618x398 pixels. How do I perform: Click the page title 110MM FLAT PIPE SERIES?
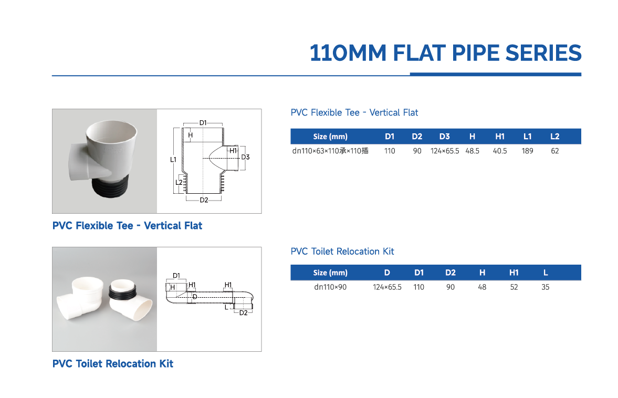click(445, 53)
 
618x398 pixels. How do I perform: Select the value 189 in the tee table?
click(527, 151)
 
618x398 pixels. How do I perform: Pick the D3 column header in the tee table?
click(444, 137)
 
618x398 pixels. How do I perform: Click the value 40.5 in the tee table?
click(500, 151)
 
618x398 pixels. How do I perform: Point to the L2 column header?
click(554, 137)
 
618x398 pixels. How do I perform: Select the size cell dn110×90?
click(330, 287)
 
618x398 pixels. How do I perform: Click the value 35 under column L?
click(546, 287)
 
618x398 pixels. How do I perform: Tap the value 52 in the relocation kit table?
click(514, 287)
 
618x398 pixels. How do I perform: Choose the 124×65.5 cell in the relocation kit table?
click(387, 287)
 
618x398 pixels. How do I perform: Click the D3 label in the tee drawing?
click(245, 157)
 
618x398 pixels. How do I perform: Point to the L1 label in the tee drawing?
click(173, 159)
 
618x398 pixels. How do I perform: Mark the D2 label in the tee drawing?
click(204, 200)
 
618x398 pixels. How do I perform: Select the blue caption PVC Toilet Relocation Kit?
click(112, 363)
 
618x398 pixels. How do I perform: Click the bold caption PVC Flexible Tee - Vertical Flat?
click(127, 226)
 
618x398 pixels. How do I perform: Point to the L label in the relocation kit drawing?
click(226, 308)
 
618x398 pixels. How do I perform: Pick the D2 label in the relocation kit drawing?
click(243, 313)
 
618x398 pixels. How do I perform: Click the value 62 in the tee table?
click(554, 151)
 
